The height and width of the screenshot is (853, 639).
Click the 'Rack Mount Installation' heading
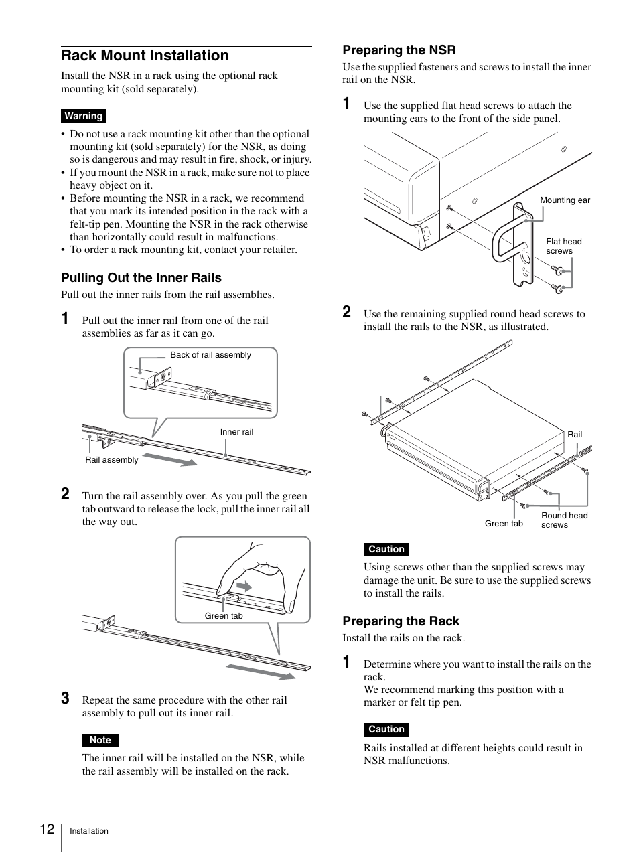pyautogui.click(x=145, y=56)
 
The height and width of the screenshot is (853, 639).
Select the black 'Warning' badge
pyautogui.click(x=84, y=117)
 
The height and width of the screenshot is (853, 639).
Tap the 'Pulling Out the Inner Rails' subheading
pyautogui.click(x=141, y=278)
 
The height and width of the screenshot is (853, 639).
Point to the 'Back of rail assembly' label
pyautogui.click(x=210, y=355)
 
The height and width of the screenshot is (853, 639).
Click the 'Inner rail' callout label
pyautogui.click(x=236, y=432)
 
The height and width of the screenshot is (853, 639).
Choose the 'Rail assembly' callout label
pyautogui.click(x=111, y=460)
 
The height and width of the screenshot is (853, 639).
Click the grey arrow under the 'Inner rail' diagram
pyautogui.click(x=169, y=459)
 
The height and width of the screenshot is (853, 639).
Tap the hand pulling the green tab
pyautogui.click(x=258, y=576)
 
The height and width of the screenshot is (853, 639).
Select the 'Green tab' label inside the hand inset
pyautogui.click(x=224, y=616)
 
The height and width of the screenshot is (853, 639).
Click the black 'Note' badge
pyautogui.click(x=100, y=740)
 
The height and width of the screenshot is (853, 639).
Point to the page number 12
pyautogui.click(x=47, y=829)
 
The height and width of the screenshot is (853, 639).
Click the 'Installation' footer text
pyautogui.click(x=89, y=831)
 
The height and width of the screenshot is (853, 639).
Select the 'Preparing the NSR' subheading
pyautogui.click(x=399, y=50)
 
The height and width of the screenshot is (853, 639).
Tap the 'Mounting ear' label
pyautogui.click(x=565, y=200)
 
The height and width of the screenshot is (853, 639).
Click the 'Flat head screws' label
pyautogui.click(x=563, y=246)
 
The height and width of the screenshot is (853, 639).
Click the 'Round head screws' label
pyautogui.click(x=564, y=520)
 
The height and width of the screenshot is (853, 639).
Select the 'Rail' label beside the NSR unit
pyautogui.click(x=575, y=435)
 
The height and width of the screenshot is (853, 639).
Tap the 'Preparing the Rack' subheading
pyautogui.click(x=401, y=621)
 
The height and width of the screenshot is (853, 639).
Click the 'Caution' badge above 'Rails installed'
pyautogui.click(x=386, y=730)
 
